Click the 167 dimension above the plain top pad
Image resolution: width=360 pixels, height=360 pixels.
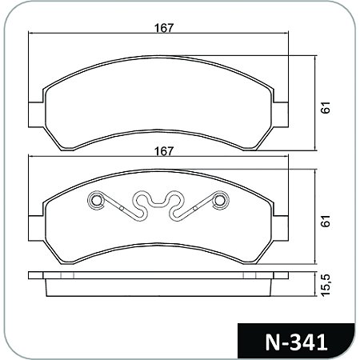(x=164, y=27)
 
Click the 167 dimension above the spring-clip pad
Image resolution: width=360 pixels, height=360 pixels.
(x=164, y=150)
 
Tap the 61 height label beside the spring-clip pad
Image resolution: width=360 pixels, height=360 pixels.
(x=326, y=222)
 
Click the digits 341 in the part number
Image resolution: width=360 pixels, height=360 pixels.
(x=307, y=342)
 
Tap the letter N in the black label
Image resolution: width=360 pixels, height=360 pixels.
(x=272, y=342)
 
